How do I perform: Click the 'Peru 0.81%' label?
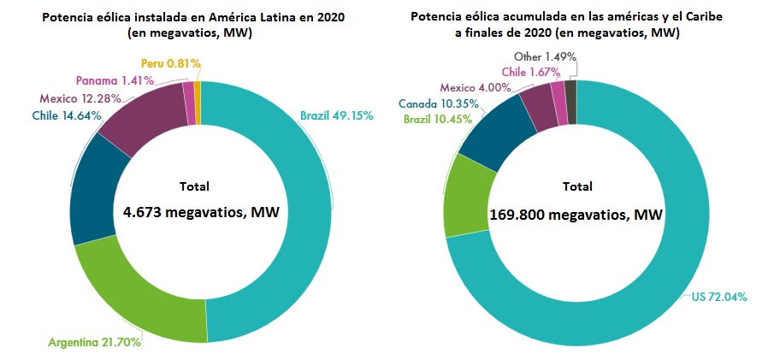click(x=172, y=62)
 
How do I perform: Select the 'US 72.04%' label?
click(x=720, y=297)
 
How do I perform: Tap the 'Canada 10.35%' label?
click(x=438, y=104)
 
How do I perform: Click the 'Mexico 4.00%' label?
click(x=476, y=87)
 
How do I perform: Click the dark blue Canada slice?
click(x=489, y=128)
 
